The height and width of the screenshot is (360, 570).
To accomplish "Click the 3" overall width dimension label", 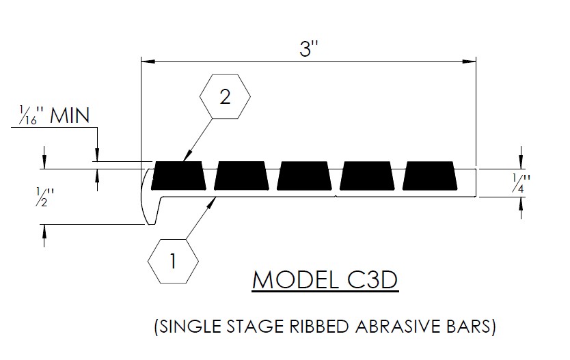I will tap(309, 49).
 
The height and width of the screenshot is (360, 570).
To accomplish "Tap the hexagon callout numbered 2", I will tap(224, 98).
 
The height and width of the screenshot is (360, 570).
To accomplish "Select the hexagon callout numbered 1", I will tap(173, 260).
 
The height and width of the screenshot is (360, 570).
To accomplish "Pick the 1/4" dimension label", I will tap(523, 183).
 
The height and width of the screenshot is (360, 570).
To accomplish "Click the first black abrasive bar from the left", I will tap(178, 176).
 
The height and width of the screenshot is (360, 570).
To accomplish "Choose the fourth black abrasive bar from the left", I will tap(368, 176).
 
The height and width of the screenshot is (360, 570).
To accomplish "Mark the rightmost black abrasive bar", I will tap(431, 176).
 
